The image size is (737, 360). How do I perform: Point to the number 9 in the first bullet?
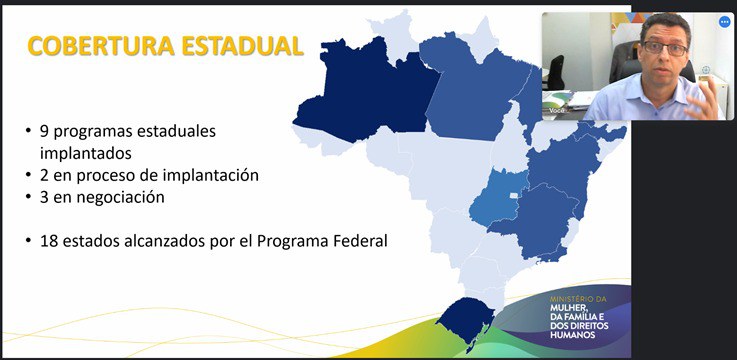coord(44,131)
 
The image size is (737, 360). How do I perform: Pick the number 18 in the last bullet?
coord(49,240)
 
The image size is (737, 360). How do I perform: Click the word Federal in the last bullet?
coord(359,240)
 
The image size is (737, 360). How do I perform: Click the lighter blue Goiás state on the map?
coord(499,200)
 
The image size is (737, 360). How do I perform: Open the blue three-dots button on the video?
coord(724,21)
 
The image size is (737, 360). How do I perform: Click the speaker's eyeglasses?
coord(661,49)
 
